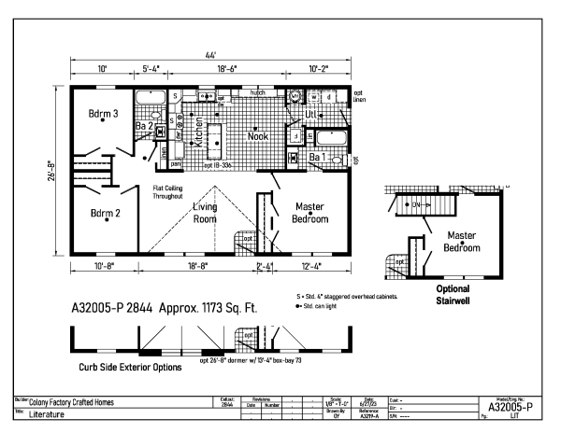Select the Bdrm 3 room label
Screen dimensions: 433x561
[104, 114]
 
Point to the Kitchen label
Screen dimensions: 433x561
[197, 133]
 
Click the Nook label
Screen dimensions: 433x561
[257, 136]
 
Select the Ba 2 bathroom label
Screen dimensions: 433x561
[144, 126]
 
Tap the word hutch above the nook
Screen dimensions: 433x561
[257, 93]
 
